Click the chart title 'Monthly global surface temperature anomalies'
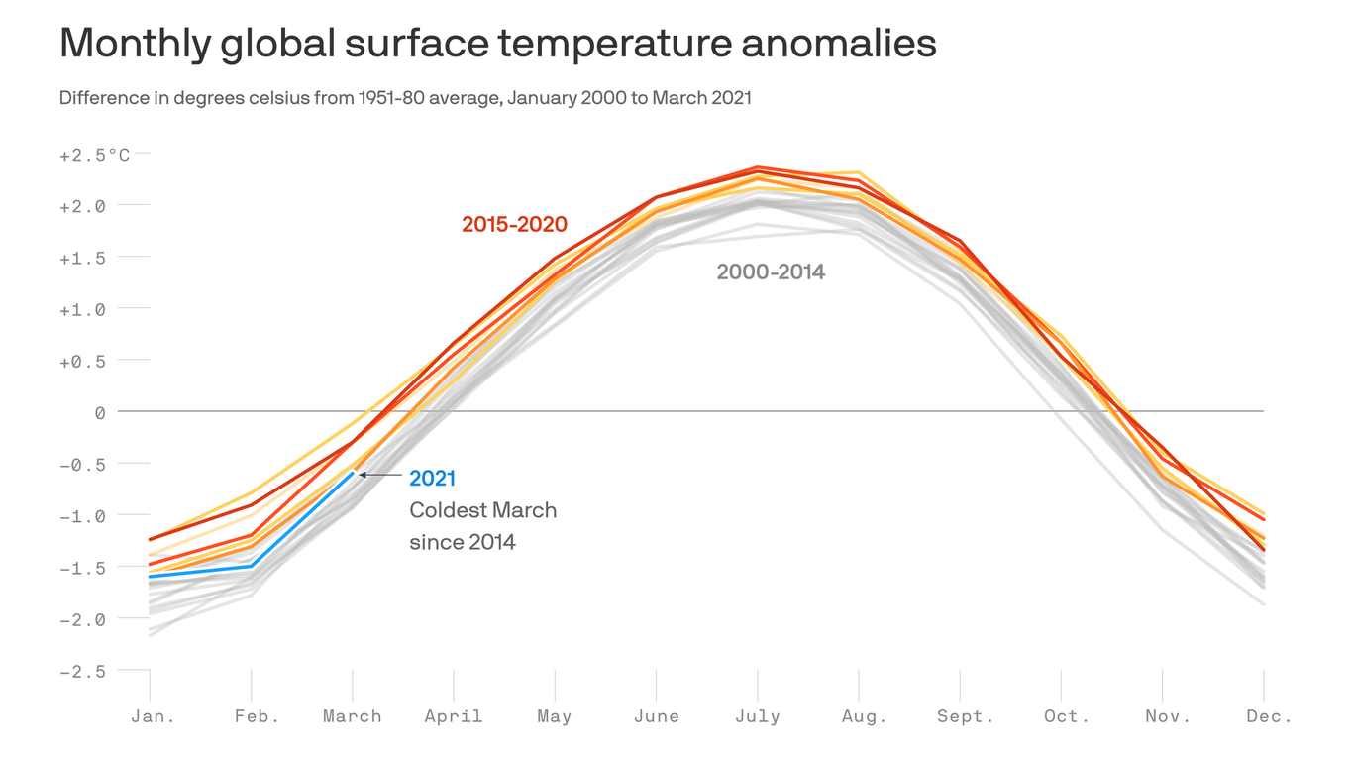pos(497,45)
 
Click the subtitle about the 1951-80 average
pos(405,98)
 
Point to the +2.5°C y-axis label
pos(94,155)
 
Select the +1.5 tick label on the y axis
pos(83,258)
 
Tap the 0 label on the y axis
pos(100,412)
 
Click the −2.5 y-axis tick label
pos(83,671)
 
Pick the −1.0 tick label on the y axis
pos(83,516)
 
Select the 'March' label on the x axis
pos(352,716)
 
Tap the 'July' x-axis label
pos(757,716)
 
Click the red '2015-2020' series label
pos(514,225)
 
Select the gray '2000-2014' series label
pos(771,272)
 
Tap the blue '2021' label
pos(432,479)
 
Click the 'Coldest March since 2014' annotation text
pos(482,526)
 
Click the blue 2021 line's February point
pos(252,567)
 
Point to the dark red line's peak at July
pos(758,167)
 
